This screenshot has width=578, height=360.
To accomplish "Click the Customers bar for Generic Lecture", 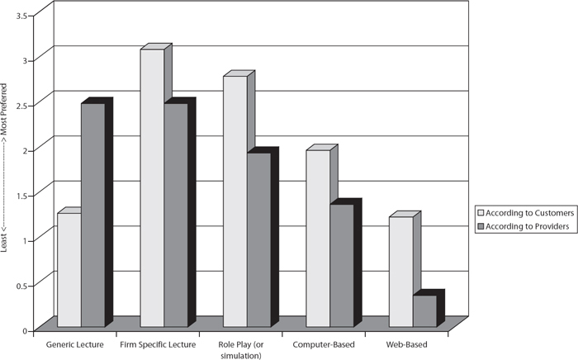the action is (69, 270).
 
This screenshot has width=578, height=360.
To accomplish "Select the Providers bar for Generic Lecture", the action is (93, 215).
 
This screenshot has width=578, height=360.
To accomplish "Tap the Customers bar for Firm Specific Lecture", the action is (152, 188).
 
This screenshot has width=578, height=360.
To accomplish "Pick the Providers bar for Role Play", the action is (259, 239).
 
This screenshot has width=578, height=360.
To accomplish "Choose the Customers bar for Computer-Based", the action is (318, 239).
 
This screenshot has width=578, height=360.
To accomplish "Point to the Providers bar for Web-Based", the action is (425, 311).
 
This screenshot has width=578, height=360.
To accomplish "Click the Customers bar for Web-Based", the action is (401, 272).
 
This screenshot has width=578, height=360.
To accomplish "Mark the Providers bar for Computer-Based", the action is (342, 265).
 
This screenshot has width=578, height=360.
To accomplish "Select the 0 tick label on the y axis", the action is (25, 331).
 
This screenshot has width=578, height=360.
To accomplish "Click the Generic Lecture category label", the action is (75, 345).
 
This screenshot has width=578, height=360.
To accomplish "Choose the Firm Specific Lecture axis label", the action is (158, 345).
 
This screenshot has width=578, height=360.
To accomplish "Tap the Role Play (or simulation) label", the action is (241, 350).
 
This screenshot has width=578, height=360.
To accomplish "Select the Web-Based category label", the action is (406, 345).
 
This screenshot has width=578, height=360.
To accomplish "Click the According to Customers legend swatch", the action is (481, 213).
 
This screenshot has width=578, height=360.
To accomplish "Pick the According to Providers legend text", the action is (528, 226).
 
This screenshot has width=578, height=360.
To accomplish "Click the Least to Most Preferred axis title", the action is (3, 168).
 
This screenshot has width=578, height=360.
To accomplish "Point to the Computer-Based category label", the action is (324, 345).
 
